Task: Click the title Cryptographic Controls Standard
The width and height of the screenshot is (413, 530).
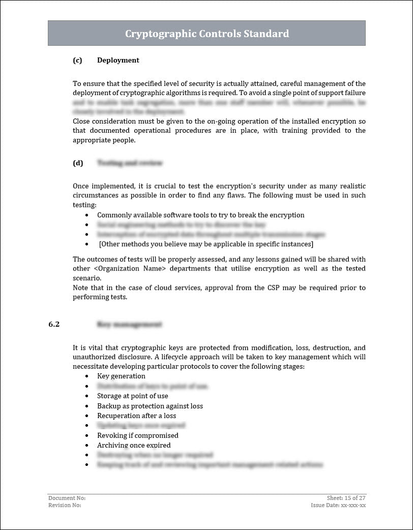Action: pos(206,34)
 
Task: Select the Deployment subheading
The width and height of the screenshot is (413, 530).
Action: pos(118,60)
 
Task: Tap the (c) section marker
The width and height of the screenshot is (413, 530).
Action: pos(77,60)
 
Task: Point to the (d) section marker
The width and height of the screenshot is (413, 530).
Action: pos(78,163)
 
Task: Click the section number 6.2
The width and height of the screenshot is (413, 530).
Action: pos(54,324)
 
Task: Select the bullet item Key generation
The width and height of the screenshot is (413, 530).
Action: pos(121,376)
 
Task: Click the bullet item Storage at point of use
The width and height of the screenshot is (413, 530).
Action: pos(132,396)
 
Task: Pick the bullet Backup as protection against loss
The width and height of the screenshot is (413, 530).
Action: pos(150,406)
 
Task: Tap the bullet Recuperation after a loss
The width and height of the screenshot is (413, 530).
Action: pos(136,416)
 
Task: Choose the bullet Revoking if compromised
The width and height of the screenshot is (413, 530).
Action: pos(137,435)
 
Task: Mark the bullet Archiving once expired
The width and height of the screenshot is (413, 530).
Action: pos(134,445)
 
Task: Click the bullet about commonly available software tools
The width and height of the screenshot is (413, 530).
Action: pos(200,215)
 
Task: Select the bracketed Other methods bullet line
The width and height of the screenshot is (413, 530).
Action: pos(206,244)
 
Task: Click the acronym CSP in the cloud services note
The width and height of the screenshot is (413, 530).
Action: pos(273,288)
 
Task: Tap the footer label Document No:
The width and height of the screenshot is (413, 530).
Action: pos(67,498)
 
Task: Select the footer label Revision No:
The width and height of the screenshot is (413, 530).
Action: pos(65,505)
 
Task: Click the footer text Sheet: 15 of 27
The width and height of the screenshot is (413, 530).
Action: pos(346,498)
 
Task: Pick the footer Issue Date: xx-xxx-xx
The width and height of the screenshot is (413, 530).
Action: pos(338,505)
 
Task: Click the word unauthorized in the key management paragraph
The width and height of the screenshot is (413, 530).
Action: pos(95,357)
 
